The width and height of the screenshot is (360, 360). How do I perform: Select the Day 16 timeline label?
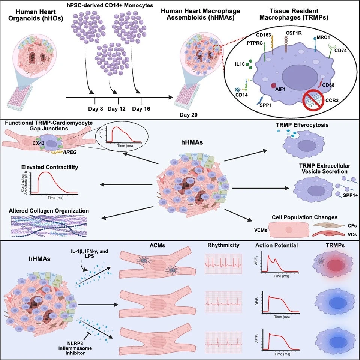141,109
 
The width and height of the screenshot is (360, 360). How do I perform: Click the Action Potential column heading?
277,246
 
